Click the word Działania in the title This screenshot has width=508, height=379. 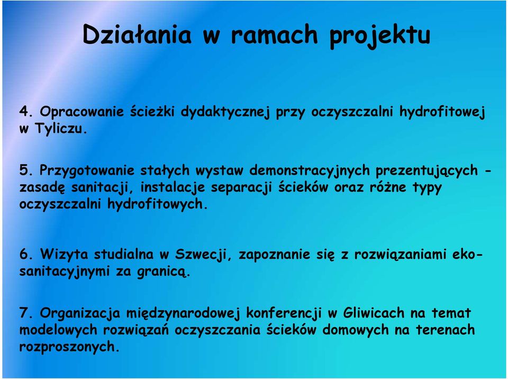(x=137, y=34)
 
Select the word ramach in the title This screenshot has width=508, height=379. (x=274, y=34)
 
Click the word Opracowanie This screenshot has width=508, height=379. (x=81, y=112)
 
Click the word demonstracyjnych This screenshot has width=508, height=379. (x=310, y=171)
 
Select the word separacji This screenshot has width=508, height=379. (x=241, y=188)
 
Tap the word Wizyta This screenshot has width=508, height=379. (x=64, y=254)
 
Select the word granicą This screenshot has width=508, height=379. (x=163, y=272)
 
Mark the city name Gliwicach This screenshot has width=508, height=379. (x=374, y=313)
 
